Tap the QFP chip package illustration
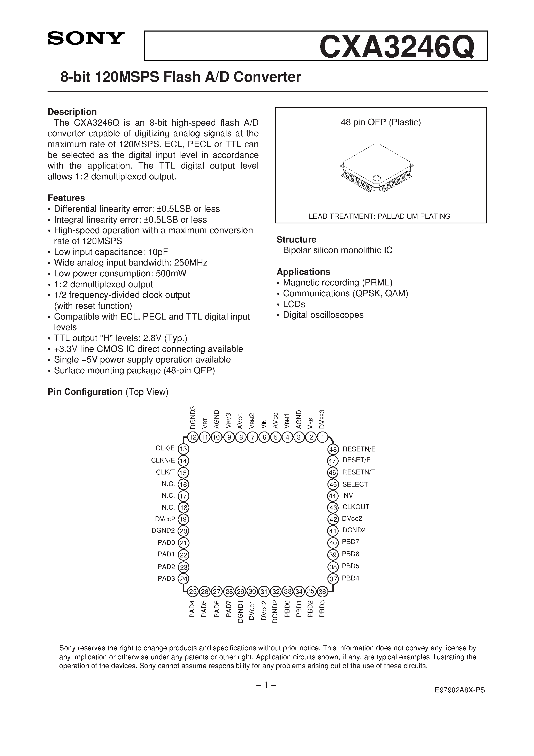click(x=377, y=168)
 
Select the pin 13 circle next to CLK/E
click(x=183, y=449)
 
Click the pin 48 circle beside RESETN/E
click(x=333, y=449)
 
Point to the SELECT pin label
click(x=355, y=484)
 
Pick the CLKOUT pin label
click(x=356, y=507)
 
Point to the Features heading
click(x=66, y=198)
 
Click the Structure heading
click(x=296, y=239)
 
